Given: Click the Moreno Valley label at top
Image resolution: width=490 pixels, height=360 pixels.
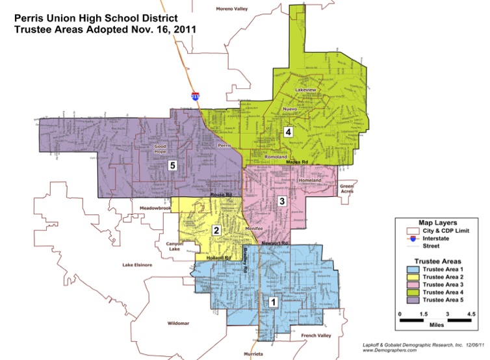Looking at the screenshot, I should pyautogui.click(x=232, y=8).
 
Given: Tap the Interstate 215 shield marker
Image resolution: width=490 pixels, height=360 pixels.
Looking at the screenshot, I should pyautogui.click(x=195, y=96).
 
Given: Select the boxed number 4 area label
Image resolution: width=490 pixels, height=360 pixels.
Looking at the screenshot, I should pyautogui.click(x=288, y=132).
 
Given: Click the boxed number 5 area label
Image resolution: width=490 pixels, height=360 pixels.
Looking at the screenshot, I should pyautogui.click(x=172, y=164).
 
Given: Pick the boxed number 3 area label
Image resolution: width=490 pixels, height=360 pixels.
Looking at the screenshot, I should pyautogui.click(x=281, y=201).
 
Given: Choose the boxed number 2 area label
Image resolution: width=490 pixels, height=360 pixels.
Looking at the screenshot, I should pyautogui.click(x=216, y=230).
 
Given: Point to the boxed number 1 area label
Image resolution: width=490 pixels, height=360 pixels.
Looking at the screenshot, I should pyautogui.click(x=274, y=302).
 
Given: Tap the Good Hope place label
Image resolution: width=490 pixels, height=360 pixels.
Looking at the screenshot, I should pyautogui.click(x=159, y=149).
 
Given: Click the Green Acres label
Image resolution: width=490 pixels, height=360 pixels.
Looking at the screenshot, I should pyautogui.click(x=347, y=189).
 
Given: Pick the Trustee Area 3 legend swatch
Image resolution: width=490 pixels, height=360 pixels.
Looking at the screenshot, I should pyautogui.click(x=413, y=285).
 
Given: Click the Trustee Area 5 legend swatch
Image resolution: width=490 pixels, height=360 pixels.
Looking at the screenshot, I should pyautogui.click(x=413, y=300).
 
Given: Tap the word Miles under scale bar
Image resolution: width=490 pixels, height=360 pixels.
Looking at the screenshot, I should pyautogui.click(x=436, y=328).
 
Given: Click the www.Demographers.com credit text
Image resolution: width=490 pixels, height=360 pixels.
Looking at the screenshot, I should pyautogui.click(x=389, y=350).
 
